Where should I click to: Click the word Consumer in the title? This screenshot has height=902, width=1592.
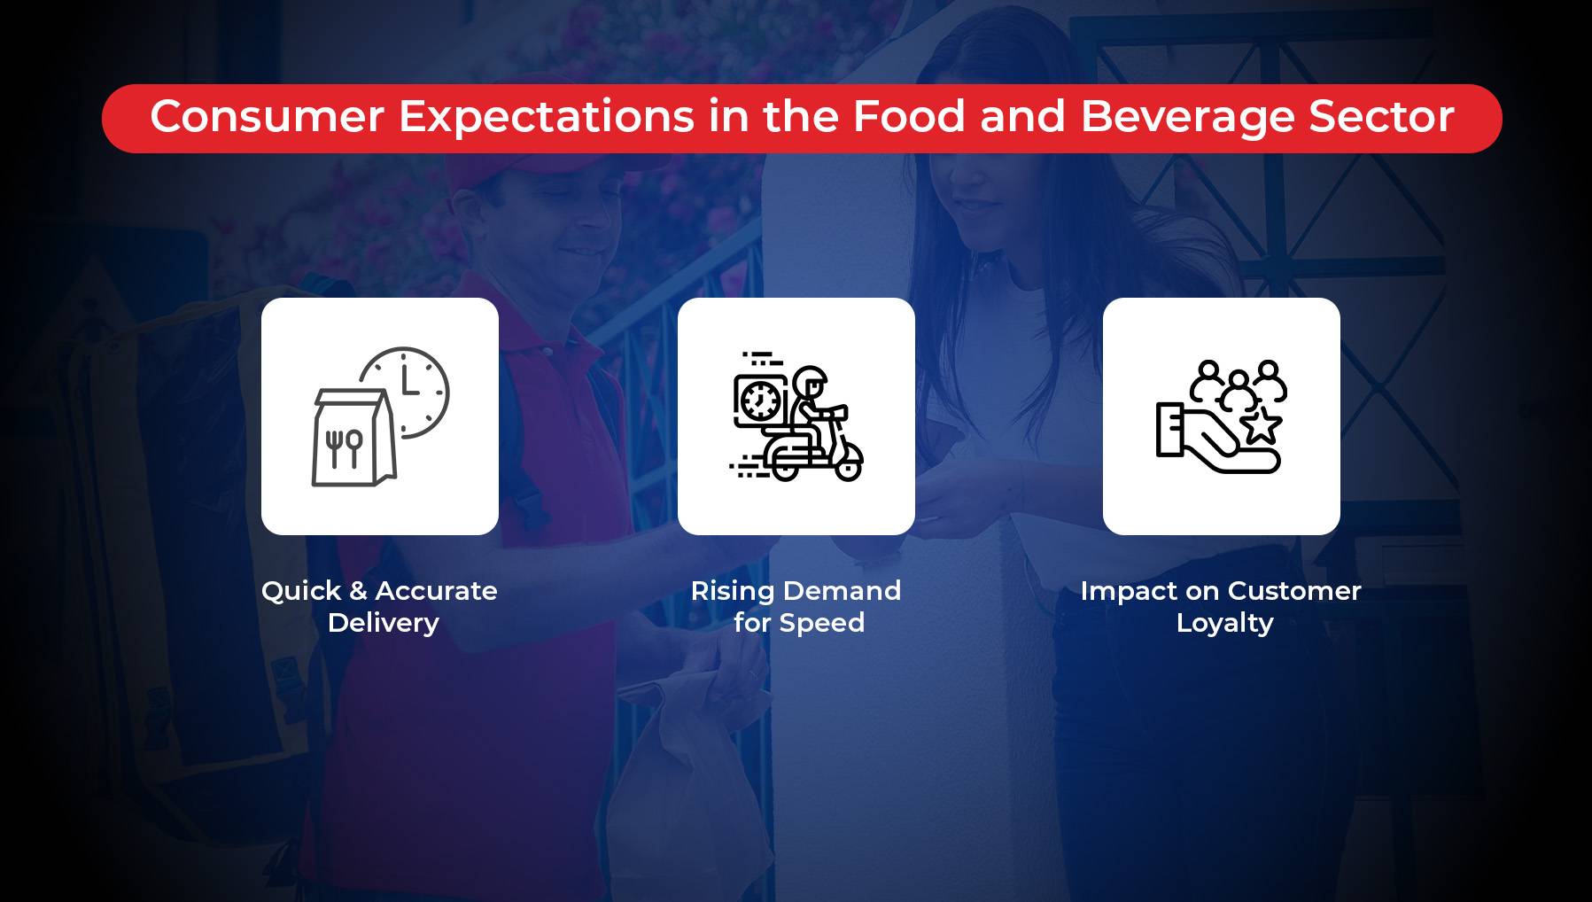point(267,116)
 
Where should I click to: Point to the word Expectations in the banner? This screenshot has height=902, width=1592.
point(547,118)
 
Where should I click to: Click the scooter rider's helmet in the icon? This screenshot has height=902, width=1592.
point(810,382)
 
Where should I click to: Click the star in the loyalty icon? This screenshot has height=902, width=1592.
point(1261,424)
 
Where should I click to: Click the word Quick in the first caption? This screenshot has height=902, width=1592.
point(301,591)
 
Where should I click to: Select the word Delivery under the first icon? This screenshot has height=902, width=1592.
point(384,624)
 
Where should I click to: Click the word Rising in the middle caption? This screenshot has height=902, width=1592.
point(732,592)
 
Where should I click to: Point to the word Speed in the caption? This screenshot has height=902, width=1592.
point(822,624)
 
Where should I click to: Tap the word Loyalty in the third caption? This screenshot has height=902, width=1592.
point(1225,624)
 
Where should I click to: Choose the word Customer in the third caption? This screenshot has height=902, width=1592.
point(1294,591)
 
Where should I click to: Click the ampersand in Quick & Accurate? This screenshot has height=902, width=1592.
point(359,591)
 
